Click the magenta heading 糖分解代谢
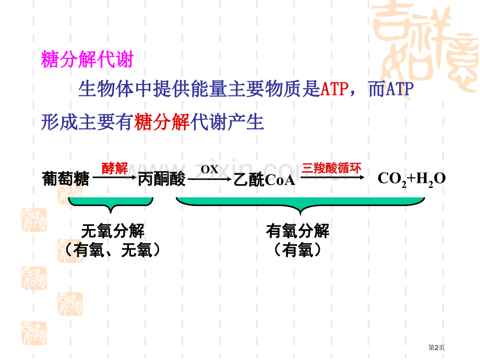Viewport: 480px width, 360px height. tap(87, 60)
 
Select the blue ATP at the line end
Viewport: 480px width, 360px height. tap(399, 90)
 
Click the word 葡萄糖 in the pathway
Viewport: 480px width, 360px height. tap(65, 179)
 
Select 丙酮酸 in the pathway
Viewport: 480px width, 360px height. tap(161, 179)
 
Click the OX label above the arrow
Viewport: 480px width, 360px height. tap(209, 169)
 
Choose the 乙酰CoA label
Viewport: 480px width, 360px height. tap(265, 180)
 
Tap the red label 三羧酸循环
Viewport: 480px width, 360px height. tap(331, 167)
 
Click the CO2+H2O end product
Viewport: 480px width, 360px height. tap(412, 179)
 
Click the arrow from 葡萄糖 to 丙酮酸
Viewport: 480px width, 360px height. tap(113, 179)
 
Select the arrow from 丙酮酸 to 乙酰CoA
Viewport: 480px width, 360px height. tap(209, 179)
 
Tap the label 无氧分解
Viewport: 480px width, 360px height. tap(113, 230)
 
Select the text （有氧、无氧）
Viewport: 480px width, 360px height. tap(113, 250)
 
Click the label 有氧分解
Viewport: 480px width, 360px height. tap(298, 231)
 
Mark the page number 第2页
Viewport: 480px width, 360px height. tap(436, 347)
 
